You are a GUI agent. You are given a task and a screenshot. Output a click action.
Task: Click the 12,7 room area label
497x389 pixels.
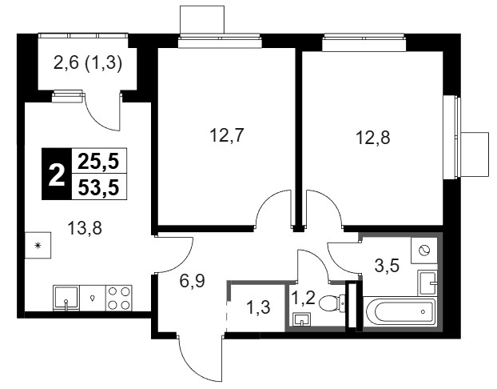[226, 135]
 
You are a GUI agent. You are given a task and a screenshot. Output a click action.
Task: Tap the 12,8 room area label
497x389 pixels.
[373, 138]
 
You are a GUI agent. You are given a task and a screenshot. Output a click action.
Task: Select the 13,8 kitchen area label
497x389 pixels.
[85, 228]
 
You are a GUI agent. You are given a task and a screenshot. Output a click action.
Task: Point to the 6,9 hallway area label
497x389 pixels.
[193, 281]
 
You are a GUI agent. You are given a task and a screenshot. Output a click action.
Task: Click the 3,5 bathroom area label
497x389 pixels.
[387, 266]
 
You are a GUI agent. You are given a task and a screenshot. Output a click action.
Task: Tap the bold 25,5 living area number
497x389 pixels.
[98, 162]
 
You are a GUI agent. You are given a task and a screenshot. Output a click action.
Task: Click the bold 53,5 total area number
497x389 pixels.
[98, 187]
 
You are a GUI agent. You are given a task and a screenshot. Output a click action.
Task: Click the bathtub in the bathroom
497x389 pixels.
[400, 313]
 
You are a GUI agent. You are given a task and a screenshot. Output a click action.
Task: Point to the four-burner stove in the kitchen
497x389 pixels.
[118, 298]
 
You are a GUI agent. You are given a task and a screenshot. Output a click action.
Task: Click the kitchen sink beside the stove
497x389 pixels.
[66, 298]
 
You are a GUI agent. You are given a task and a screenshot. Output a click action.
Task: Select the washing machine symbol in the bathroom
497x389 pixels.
[424, 251]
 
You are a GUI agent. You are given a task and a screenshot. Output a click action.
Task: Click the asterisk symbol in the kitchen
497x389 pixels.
[38, 245]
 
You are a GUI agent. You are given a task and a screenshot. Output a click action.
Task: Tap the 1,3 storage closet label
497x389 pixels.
[258, 307]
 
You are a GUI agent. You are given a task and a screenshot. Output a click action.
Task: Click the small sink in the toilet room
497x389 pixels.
[302, 319]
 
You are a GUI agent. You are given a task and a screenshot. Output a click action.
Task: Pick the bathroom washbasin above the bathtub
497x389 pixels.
[427, 282]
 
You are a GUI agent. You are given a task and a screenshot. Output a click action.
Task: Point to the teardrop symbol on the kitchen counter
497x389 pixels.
[92, 298]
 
